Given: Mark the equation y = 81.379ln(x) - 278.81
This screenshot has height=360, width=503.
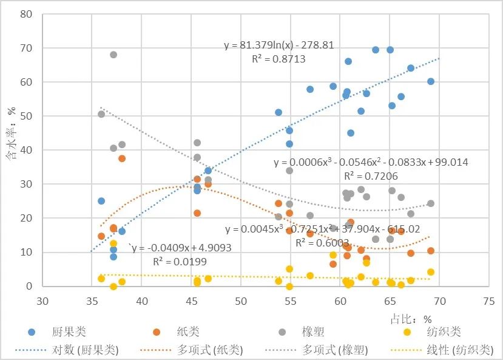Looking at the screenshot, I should click(x=279, y=46).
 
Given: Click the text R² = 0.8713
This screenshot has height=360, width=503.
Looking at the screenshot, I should click(x=279, y=59).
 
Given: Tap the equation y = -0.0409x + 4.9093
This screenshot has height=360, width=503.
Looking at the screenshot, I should click(x=182, y=248).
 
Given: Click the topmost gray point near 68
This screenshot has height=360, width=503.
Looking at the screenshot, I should click(x=113, y=55).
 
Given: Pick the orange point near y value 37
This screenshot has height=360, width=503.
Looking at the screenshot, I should click(x=122, y=158).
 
